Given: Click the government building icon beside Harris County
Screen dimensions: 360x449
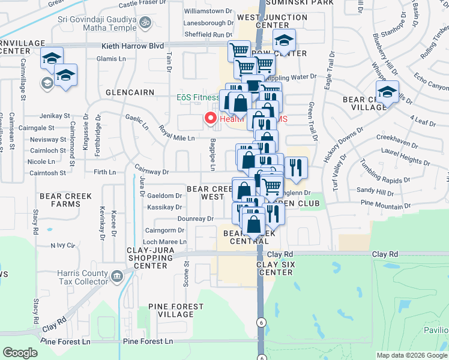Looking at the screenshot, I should click(x=116, y=277).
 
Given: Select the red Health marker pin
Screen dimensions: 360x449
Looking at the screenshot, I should click(x=211, y=118).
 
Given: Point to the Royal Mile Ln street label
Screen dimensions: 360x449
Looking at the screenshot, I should click(x=177, y=133).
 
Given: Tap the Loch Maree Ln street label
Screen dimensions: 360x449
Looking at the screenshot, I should click(x=166, y=242).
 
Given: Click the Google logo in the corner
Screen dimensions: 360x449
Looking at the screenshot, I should click(x=20, y=353).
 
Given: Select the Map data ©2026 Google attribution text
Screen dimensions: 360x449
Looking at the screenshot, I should click(x=412, y=355).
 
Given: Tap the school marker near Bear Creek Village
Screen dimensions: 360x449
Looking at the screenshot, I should click(x=388, y=92).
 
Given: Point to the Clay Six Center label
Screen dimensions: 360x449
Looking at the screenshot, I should click(x=274, y=268).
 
